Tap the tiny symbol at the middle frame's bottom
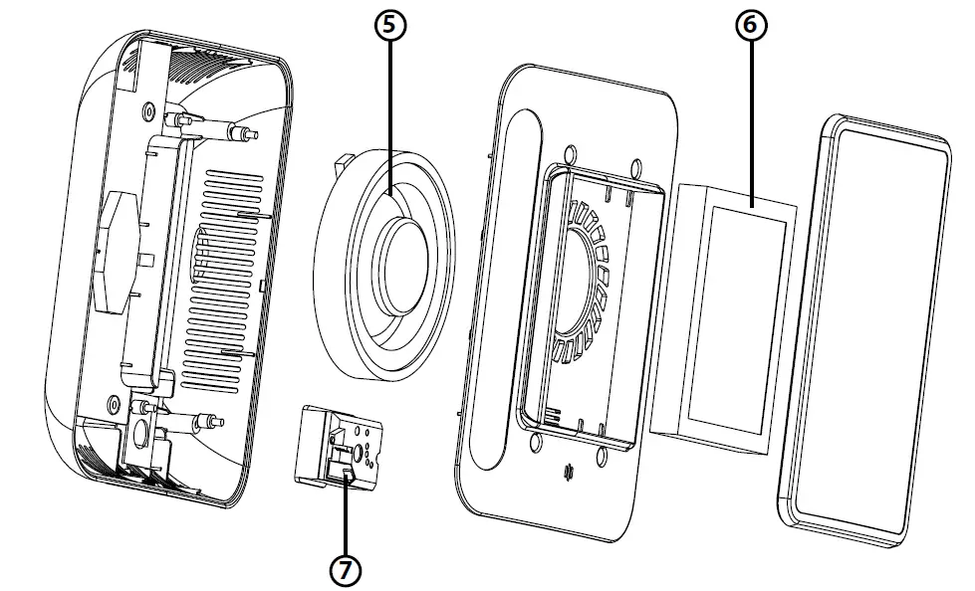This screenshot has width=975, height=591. pos(569,471)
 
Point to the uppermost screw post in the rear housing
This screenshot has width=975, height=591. pos(241,132)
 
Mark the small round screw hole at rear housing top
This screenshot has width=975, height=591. pos(149,106)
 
